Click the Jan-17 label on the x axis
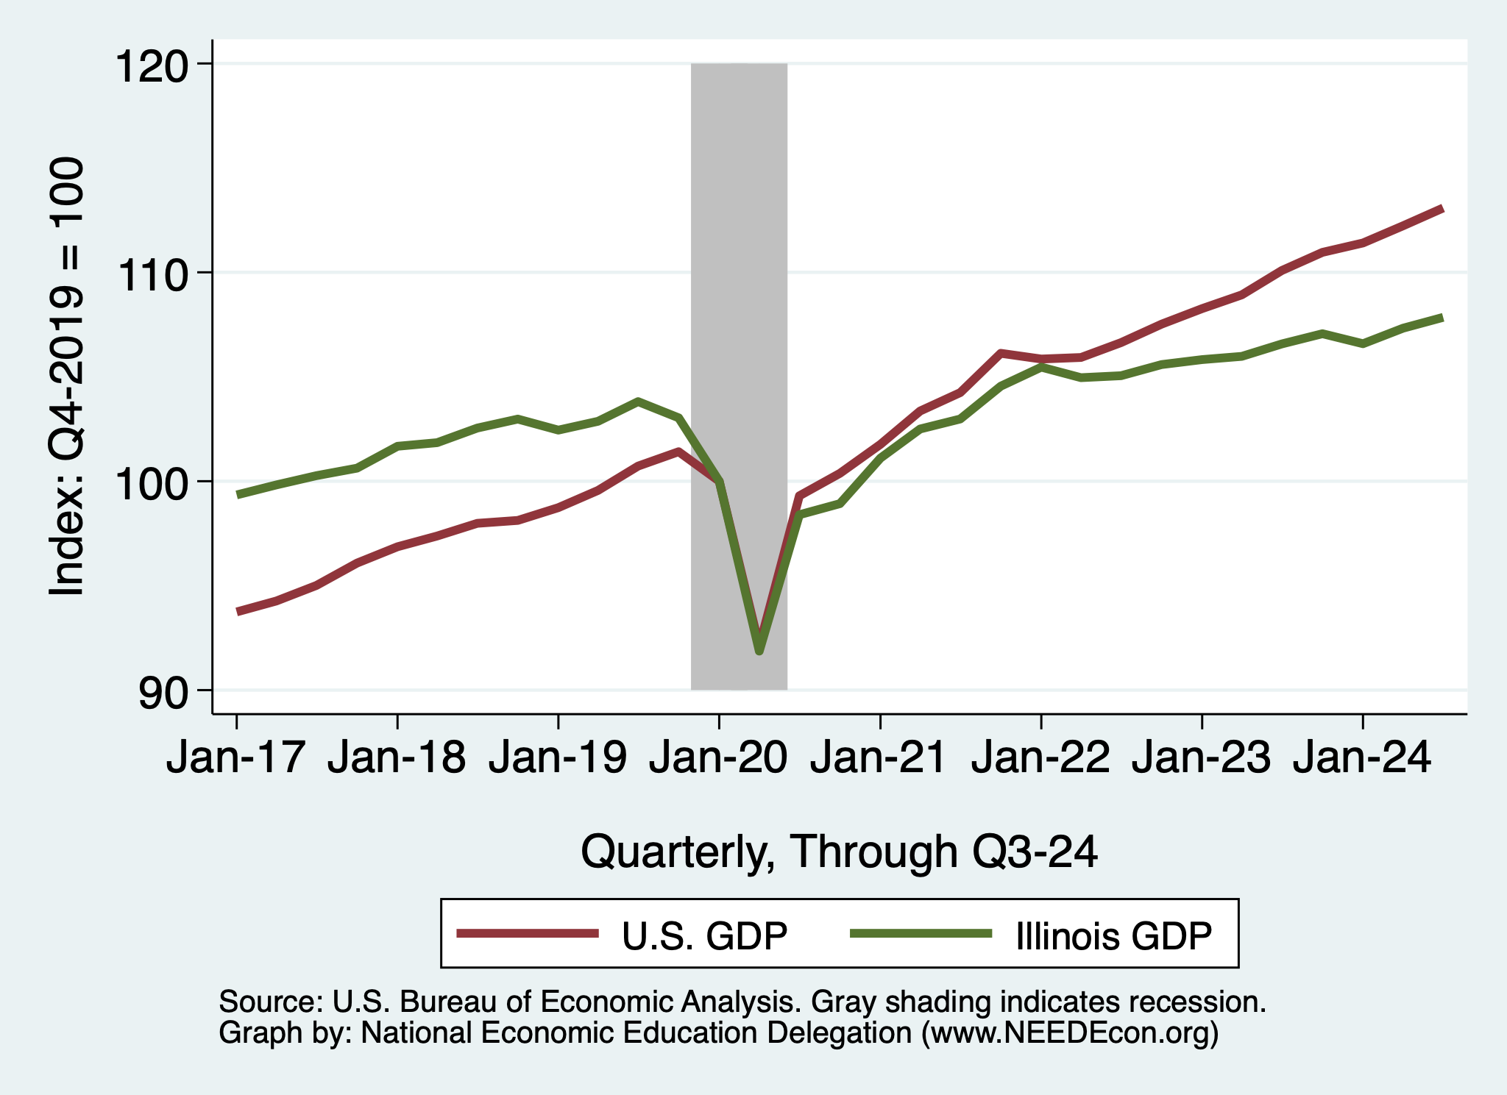[235, 757]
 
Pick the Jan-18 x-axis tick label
[397, 757]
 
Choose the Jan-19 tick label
[558, 757]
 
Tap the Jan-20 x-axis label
[718, 757]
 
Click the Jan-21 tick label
[879, 757]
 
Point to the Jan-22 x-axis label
[1040, 757]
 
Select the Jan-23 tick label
[1202, 757]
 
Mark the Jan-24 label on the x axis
[1362, 757]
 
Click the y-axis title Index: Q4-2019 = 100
[66, 377]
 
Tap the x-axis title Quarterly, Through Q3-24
[839, 852]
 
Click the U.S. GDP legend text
[704, 936]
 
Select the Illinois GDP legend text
[1113, 936]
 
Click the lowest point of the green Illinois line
[759, 651]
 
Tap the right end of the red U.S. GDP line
[1442, 209]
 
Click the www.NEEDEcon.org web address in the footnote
[1070, 1033]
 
